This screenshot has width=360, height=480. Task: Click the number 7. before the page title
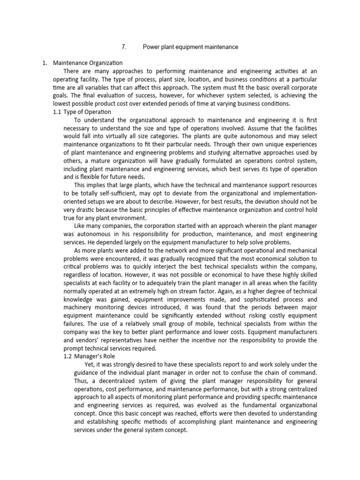coord(124,47)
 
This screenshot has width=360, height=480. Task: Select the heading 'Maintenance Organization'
coord(88,63)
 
